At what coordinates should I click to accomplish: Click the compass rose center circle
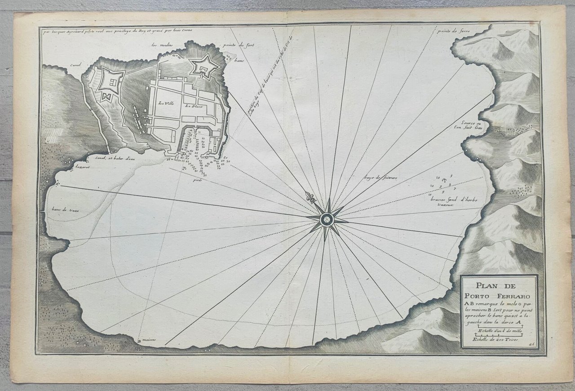click(x=327, y=219)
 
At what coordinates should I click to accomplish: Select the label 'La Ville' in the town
click(x=166, y=103)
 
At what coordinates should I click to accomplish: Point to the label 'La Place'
click(x=192, y=106)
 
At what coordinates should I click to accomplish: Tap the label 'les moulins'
click(x=162, y=45)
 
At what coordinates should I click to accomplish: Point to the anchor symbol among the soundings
click(x=444, y=181)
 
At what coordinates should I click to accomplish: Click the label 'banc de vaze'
click(x=62, y=209)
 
